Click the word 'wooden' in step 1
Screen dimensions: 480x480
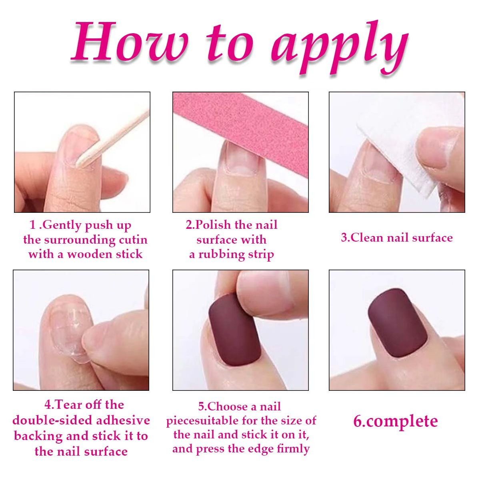coord(89,254)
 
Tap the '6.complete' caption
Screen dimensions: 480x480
coord(396,422)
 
